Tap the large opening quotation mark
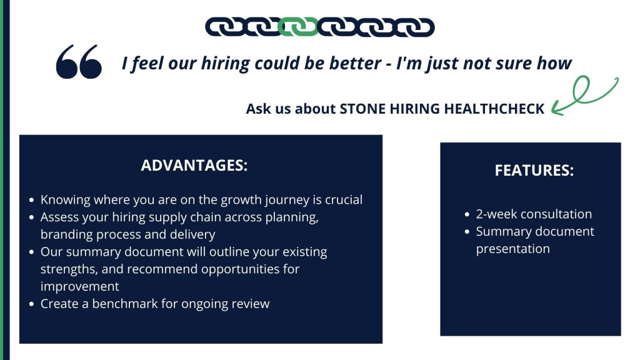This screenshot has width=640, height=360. (79, 62)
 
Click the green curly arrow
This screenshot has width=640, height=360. (584, 95)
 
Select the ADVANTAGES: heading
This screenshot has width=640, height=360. (194, 165)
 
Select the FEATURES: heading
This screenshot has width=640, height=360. (534, 170)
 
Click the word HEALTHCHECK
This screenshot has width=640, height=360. (494, 109)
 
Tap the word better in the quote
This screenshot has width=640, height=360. (355, 63)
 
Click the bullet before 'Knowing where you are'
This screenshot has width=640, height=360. (32, 201)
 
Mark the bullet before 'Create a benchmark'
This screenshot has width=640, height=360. (32, 304)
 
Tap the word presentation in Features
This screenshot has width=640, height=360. (512, 249)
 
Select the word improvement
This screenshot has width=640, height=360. (79, 286)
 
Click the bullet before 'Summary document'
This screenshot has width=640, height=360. (467, 232)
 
